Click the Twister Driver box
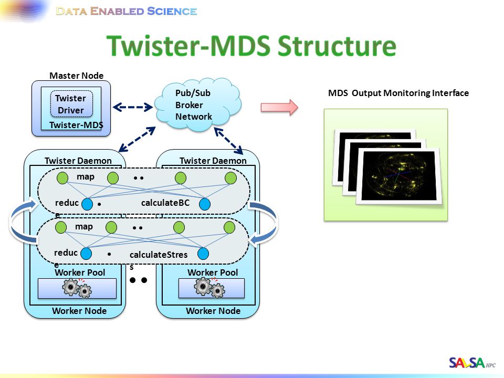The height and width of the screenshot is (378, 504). (x=71, y=104)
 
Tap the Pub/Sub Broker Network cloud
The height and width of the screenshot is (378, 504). (x=198, y=104)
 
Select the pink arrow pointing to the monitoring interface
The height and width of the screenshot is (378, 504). (x=279, y=107)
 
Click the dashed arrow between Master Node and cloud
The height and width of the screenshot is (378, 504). (x=133, y=107)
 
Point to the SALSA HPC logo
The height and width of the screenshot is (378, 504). (x=472, y=363)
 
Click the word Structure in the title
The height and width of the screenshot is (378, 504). (x=337, y=46)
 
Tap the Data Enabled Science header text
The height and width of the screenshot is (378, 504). (x=127, y=11)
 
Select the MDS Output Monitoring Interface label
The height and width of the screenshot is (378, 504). (x=398, y=93)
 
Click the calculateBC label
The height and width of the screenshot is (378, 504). (x=165, y=203)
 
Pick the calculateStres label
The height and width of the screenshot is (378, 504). (x=159, y=255)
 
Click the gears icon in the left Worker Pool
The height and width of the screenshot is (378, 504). (x=77, y=288)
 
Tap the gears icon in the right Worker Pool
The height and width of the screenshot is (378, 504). (x=209, y=287)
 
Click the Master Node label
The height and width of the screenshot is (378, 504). (x=77, y=76)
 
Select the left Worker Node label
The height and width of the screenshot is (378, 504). (x=79, y=311)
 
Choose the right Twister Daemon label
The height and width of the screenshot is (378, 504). (x=213, y=161)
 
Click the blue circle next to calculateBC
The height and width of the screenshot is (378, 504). (x=205, y=204)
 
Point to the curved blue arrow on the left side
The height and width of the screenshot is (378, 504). (x=13, y=222)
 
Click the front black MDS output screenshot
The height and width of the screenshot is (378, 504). (x=399, y=176)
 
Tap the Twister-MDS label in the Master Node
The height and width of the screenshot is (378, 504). (x=76, y=125)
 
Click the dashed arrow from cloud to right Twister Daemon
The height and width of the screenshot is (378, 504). (x=228, y=141)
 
